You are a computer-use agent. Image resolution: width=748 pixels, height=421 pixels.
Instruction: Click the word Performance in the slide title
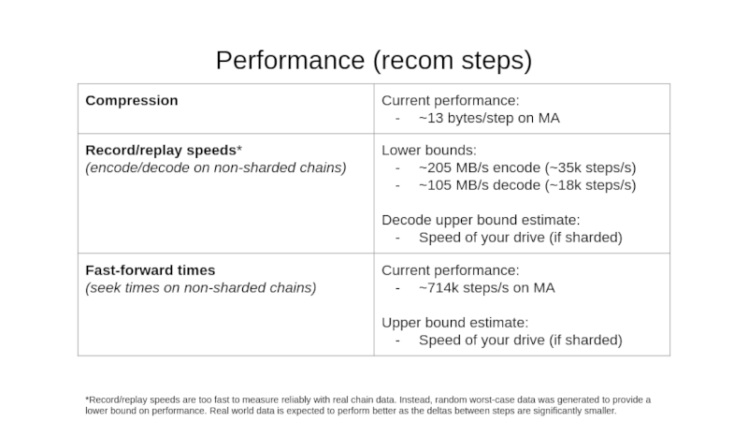290,61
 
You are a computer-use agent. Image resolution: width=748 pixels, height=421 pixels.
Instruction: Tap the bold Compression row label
132,101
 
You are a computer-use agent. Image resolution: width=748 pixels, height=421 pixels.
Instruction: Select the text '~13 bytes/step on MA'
489,118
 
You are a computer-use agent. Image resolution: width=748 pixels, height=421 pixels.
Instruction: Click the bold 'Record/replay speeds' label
161,151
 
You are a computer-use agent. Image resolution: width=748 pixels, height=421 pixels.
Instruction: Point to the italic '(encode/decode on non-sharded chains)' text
216,168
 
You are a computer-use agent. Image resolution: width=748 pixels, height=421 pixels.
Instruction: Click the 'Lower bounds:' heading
429,151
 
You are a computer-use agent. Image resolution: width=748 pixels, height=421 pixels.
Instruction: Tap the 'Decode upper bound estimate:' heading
481,220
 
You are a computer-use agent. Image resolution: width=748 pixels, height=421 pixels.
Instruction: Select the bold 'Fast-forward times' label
151,270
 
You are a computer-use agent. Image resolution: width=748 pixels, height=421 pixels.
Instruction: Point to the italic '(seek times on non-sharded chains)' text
201,288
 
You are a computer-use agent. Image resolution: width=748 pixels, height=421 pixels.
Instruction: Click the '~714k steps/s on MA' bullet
486,288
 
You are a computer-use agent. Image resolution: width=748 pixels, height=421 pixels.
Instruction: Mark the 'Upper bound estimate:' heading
455,323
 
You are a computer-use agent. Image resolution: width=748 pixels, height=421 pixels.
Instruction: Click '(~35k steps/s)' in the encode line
590,168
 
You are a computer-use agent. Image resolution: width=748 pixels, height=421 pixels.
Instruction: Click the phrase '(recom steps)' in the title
453,61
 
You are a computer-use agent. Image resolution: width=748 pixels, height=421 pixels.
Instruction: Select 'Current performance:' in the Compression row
451,101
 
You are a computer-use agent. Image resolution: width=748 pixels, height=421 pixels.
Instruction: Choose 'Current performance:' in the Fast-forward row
451,270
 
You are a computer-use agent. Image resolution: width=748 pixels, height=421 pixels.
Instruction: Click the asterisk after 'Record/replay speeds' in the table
239,148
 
